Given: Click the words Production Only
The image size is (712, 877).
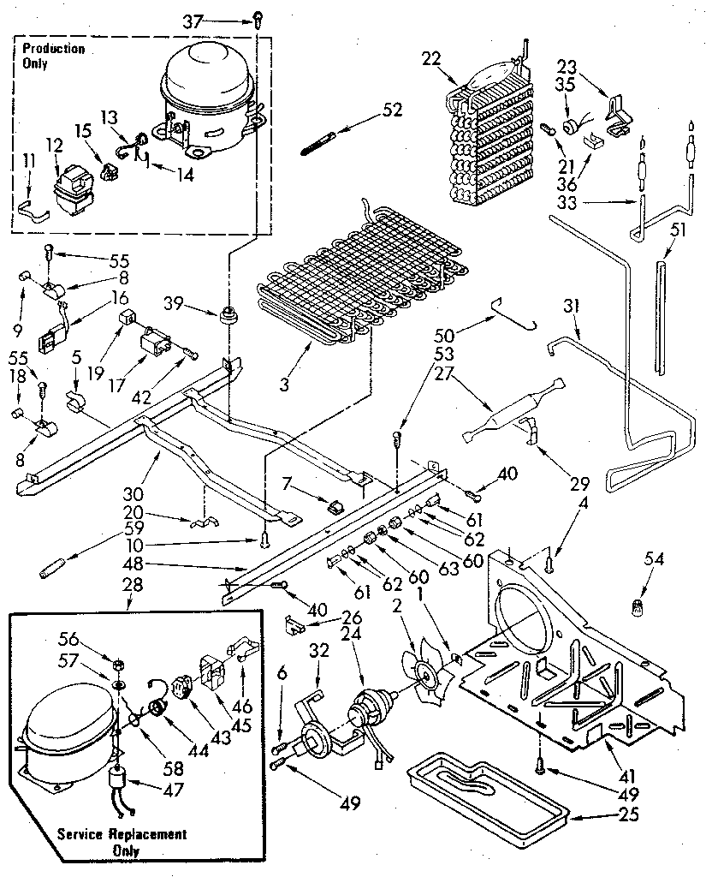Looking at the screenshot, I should click(x=53, y=56).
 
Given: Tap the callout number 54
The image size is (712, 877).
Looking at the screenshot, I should click(x=656, y=558).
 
